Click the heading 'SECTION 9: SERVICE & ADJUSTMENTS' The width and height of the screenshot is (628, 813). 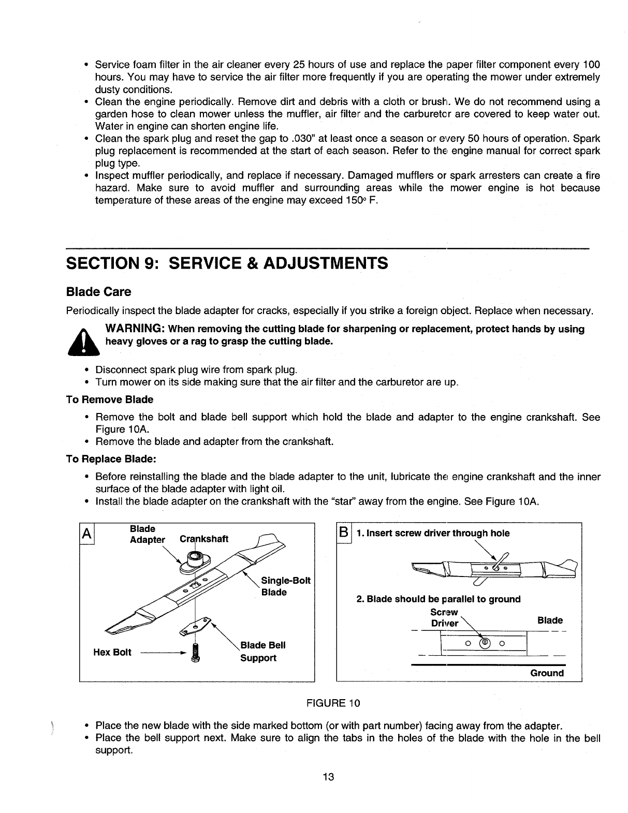[x=227, y=263]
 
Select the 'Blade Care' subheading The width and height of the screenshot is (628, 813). [x=99, y=292]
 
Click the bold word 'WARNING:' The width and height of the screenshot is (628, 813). [x=135, y=329]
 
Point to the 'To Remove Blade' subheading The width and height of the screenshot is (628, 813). [x=110, y=400]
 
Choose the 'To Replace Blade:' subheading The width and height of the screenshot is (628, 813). [x=111, y=459]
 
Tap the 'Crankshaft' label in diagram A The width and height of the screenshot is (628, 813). [x=204, y=539]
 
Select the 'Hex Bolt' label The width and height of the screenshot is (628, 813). [x=108, y=652]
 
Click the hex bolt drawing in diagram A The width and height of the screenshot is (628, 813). [x=196, y=652]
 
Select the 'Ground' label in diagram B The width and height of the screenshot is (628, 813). [x=547, y=673]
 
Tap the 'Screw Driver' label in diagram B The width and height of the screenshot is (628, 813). [x=445, y=618]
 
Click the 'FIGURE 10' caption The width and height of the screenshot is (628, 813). [x=333, y=703]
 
